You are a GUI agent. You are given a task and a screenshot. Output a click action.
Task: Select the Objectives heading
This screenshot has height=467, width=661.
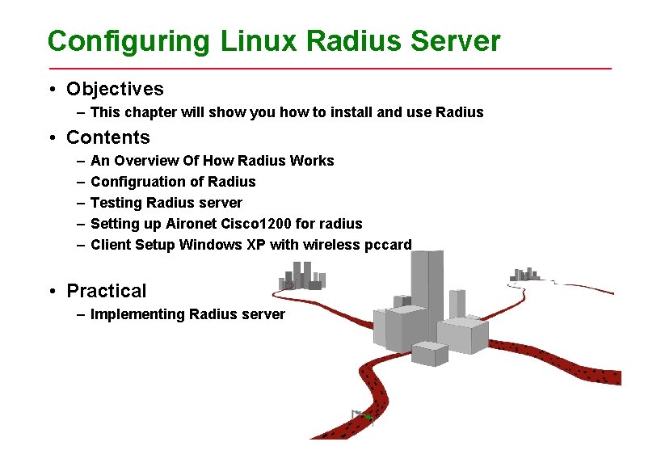115,89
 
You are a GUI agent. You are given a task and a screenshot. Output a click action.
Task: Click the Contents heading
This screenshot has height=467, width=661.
108,137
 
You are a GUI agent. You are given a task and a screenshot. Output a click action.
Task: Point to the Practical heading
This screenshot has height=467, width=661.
107,291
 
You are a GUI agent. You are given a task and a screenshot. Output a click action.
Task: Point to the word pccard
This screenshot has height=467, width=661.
387,245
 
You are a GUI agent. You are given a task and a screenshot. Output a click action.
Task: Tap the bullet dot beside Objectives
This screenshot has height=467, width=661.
51,90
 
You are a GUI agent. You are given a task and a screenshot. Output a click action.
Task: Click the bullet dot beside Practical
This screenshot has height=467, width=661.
51,292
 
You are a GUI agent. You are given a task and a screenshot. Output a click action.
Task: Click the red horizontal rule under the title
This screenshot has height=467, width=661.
330,69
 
